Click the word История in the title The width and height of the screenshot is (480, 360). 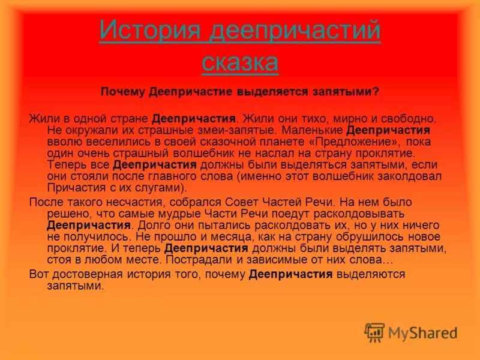click(150, 30)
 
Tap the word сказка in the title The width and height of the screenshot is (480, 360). click(240, 62)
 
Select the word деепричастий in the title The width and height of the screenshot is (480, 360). click(295, 30)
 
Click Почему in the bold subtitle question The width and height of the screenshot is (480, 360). click(122, 92)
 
